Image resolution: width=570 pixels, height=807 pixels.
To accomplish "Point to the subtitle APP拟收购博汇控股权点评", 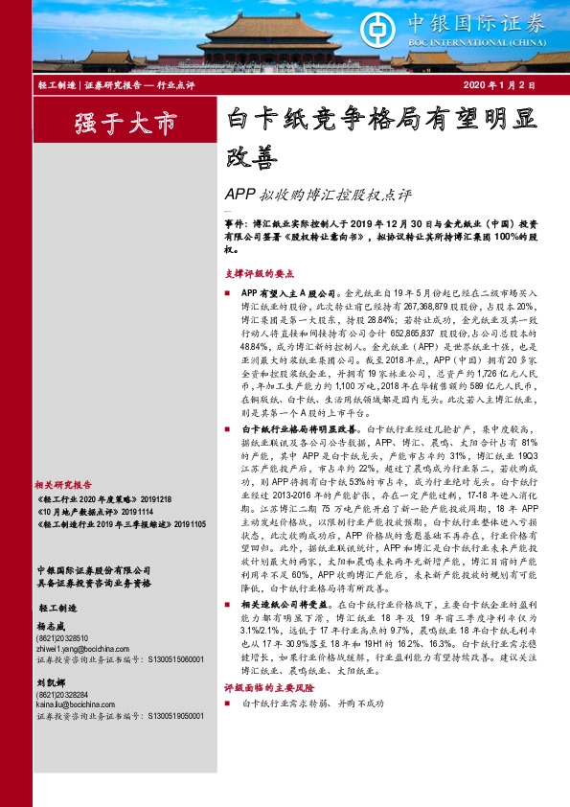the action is tap(318, 196).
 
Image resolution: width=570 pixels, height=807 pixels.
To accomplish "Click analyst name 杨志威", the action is tap(52, 649).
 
